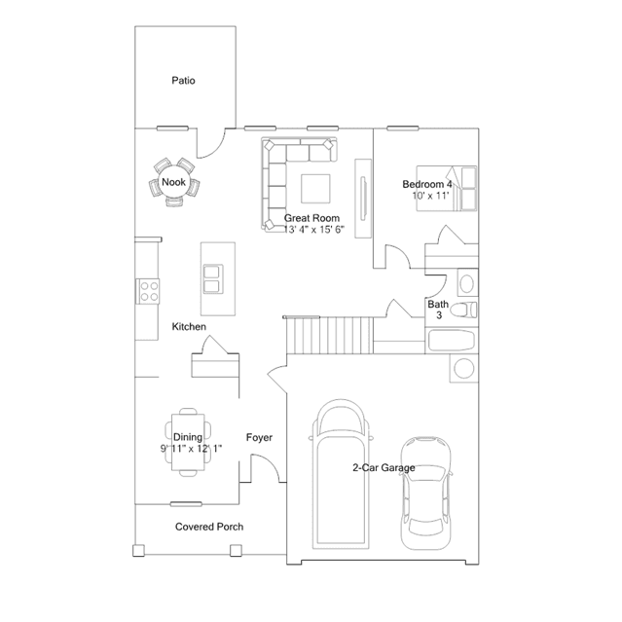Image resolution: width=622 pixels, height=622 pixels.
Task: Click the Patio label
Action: coord(183,81)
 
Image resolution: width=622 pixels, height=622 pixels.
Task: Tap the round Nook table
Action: coord(173,182)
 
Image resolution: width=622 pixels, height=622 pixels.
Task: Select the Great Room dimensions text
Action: coord(314,230)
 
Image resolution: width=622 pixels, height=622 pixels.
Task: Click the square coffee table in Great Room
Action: coord(315,189)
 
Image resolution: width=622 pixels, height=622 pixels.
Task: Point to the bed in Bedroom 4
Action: coord(446,189)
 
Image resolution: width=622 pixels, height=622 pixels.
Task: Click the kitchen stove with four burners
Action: coord(148,291)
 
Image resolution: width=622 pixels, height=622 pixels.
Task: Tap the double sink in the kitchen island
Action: coord(213,279)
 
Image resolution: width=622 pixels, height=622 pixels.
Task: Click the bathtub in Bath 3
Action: coord(452,341)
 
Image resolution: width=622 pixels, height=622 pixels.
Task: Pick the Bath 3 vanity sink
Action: coord(467,283)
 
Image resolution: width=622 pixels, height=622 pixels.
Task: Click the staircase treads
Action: coord(330,335)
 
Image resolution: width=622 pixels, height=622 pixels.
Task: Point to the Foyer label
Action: coord(259,438)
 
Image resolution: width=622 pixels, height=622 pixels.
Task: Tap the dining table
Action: coord(188,442)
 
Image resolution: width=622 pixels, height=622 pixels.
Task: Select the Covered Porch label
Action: coord(209,527)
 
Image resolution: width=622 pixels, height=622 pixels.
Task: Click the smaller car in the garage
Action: coord(425,493)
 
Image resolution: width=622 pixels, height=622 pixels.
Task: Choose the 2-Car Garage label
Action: coord(384,467)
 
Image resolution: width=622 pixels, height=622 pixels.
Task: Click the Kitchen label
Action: coord(189,326)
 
